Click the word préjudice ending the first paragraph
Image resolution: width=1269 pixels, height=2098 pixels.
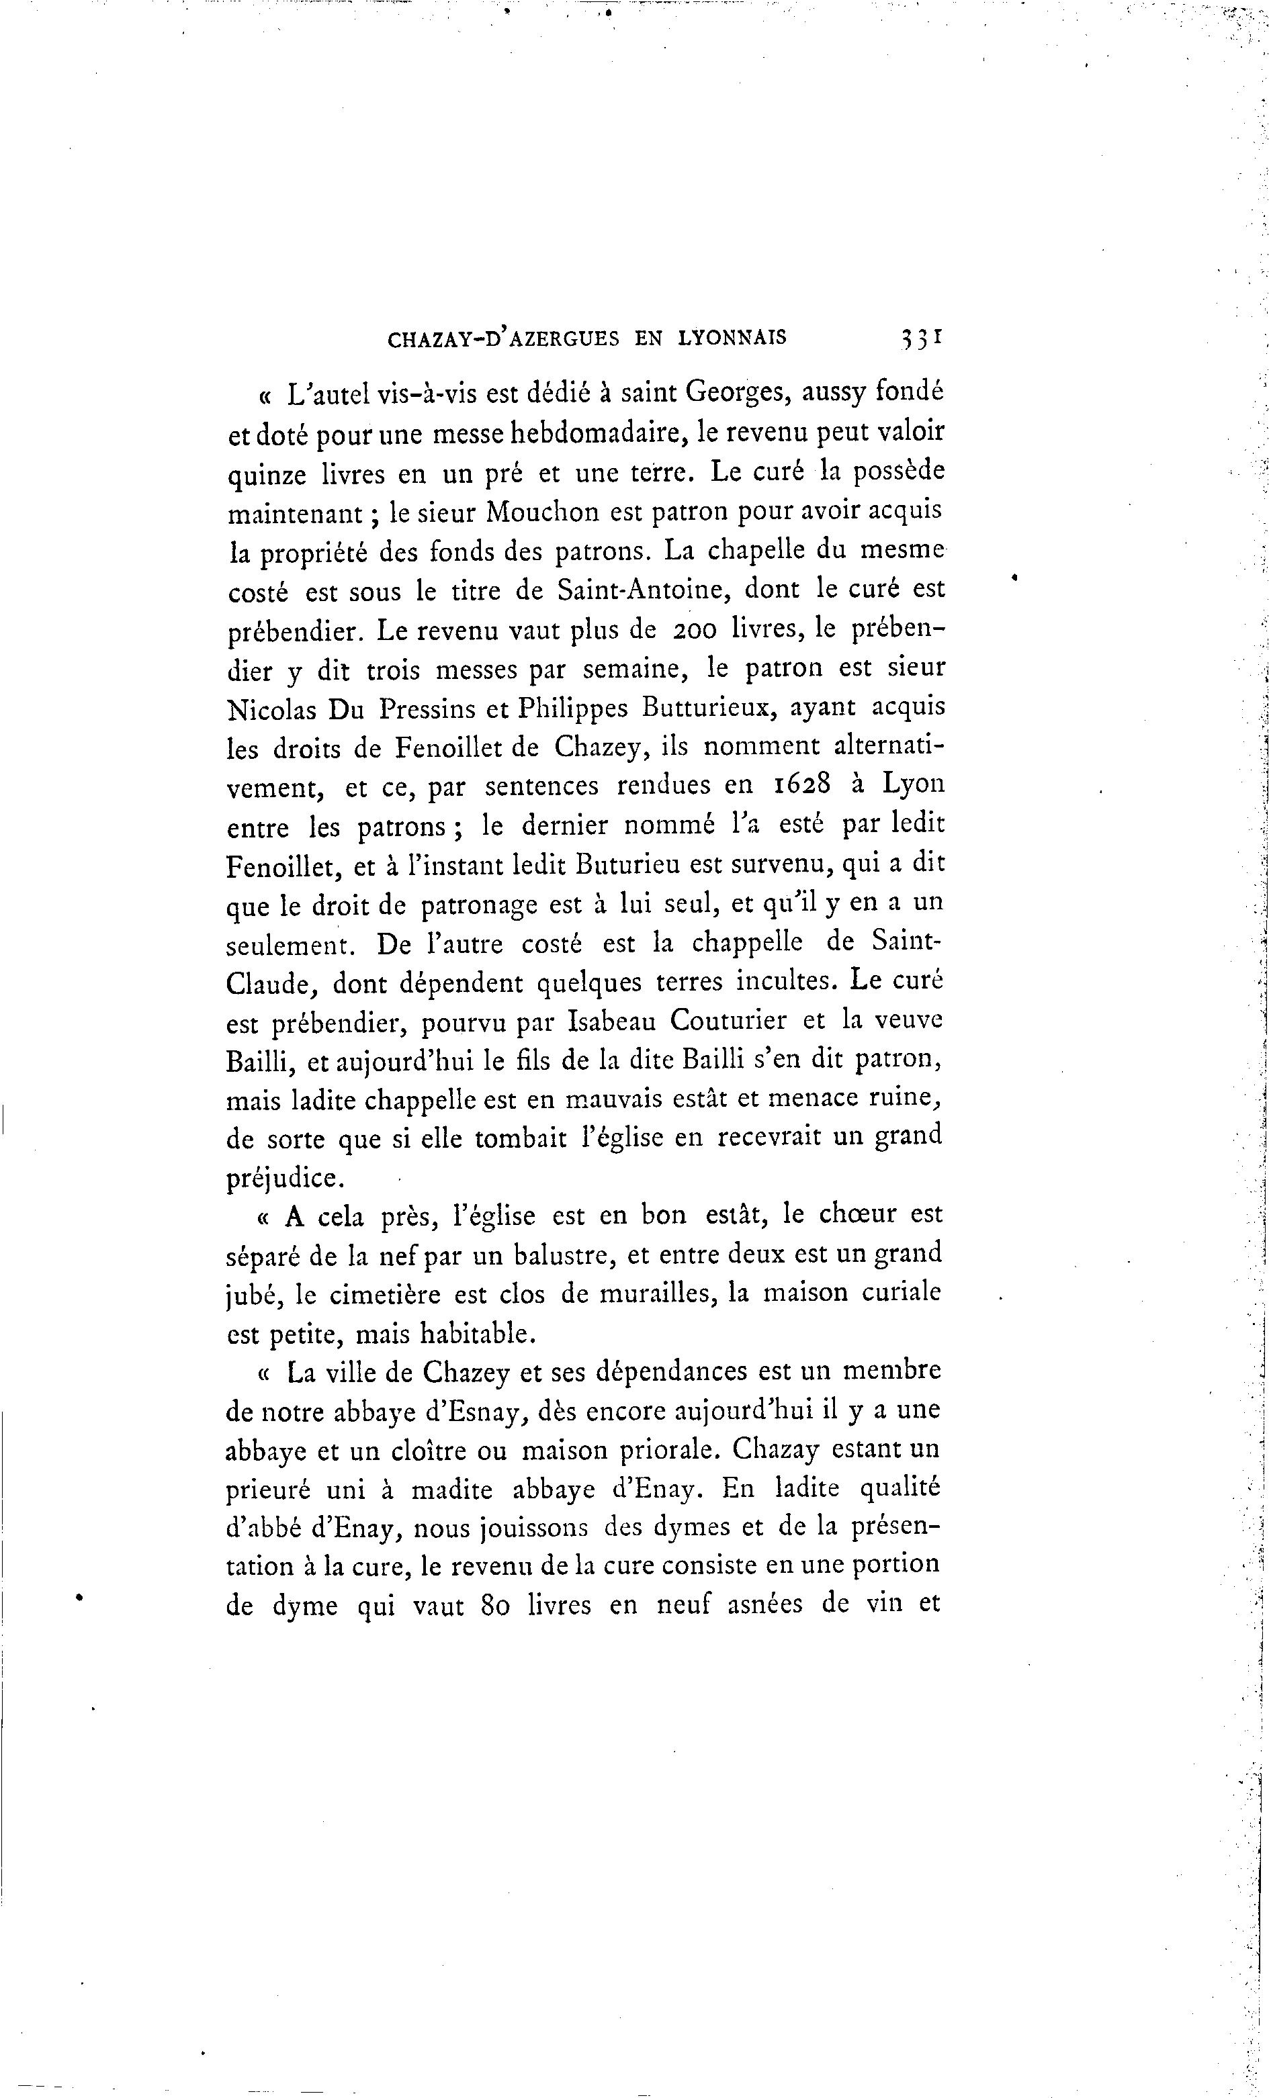pos(283,1179)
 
